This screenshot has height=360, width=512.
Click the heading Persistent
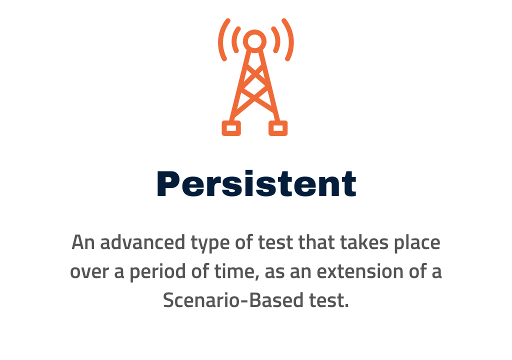click(x=256, y=183)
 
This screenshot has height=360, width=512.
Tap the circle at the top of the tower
click(x=254, y=41)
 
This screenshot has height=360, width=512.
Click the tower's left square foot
click(x=231, y=128)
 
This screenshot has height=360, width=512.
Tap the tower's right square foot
click(x=278, y=128)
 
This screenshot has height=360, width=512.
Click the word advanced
click(x=142, y=242)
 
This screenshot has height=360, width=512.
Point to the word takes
click(x=364, y=242)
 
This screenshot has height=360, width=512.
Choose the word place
click(x=417, y=243)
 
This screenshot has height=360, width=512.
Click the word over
click(x=89, y=272)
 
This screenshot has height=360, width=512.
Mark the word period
click(x=157, y=272)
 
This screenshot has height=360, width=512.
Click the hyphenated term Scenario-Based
click(x=233, y=300)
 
